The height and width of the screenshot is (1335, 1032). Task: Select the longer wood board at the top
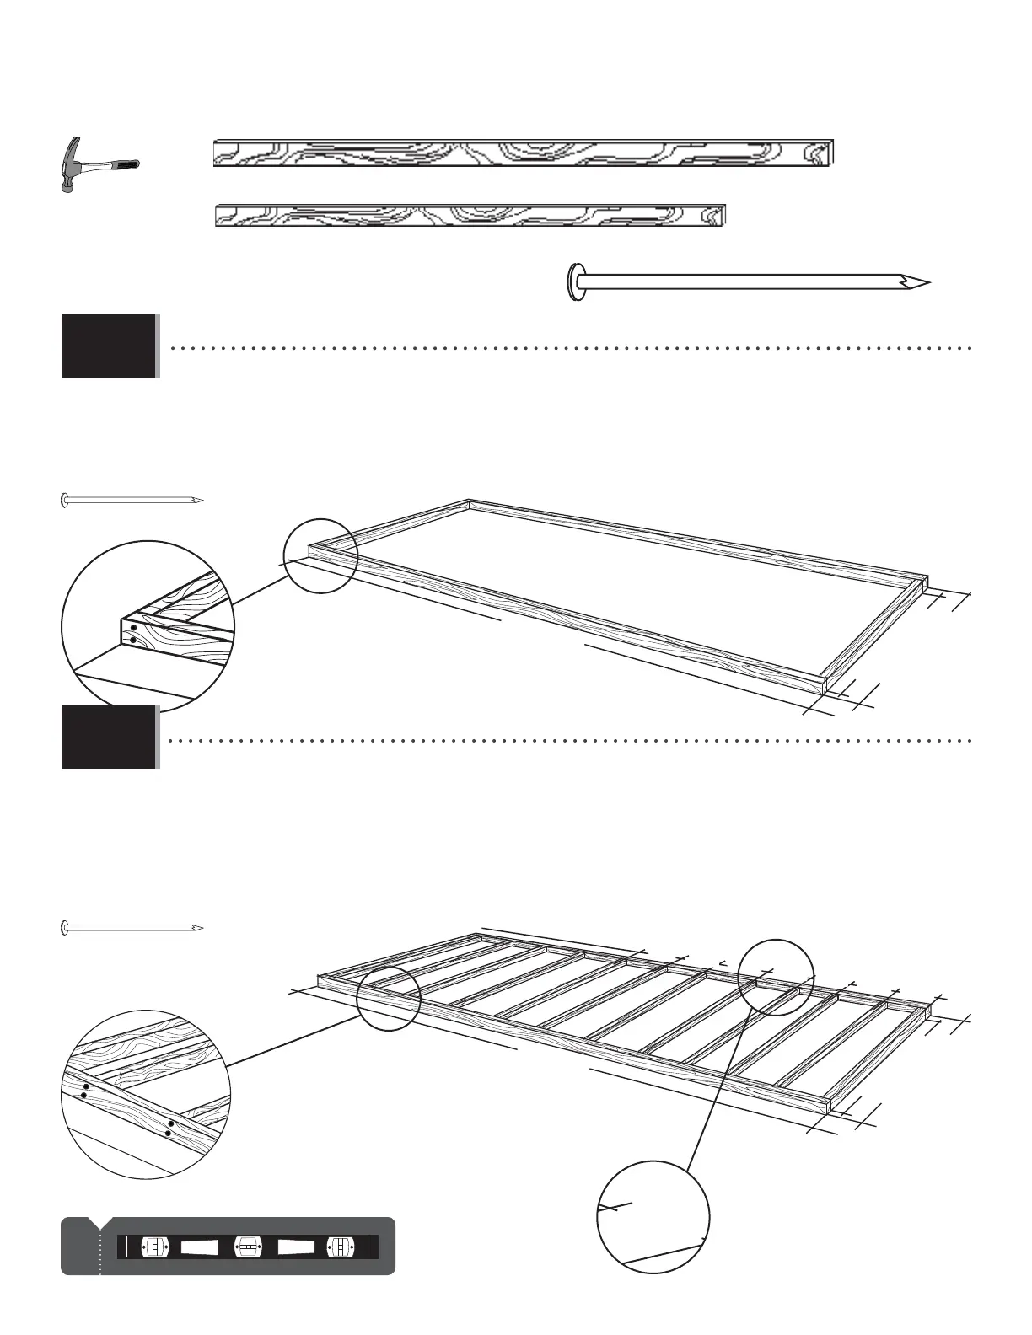pos(523,153)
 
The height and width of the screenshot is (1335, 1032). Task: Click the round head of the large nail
pos(576,281)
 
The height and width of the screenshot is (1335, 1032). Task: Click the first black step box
pos(108,346)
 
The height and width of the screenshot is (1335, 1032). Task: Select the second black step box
pos(108,737)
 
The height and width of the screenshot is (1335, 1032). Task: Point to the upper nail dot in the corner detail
pos(133,628)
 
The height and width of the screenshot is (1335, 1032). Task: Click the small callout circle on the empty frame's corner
pos(320,555)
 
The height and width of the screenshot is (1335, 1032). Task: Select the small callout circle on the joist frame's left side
pos(389,998)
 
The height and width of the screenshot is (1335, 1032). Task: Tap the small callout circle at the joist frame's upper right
pos(776,977)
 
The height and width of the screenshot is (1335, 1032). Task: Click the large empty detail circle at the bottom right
pos(653,1217)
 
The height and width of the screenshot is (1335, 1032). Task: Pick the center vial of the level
pos(248,1246)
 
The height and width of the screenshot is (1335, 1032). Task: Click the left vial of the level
pos(156,1246)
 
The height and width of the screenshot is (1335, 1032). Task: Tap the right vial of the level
pos(340,1246)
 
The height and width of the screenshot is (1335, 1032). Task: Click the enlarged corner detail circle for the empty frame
pos(148,624)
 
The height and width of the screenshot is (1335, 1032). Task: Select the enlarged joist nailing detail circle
pos(148,1094)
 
